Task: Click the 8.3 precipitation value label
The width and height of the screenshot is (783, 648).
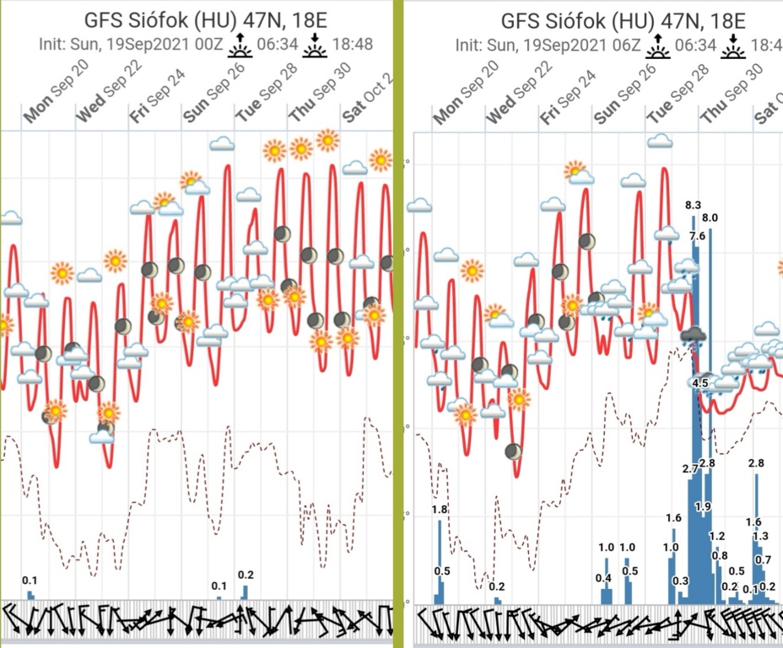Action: coord(694,205)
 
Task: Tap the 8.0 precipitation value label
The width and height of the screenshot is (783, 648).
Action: coord(710,218)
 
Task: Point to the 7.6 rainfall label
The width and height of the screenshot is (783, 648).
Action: coord(697,236)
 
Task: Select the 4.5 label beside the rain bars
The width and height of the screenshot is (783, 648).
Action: coord(700,383)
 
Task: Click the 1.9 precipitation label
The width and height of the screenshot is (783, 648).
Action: coord(703,506)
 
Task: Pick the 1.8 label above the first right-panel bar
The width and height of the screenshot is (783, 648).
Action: coord(439,510)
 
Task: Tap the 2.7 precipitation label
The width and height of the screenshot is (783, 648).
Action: coord(690,468)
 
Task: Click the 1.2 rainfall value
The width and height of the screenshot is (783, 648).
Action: coord(717,537)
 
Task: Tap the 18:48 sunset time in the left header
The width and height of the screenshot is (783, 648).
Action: coord(354,44)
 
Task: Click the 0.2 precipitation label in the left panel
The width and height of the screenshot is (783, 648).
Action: coord(246,575)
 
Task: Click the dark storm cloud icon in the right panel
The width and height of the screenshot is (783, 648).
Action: coord(694,336)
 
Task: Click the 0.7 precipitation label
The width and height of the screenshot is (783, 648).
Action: coord(763,559)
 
